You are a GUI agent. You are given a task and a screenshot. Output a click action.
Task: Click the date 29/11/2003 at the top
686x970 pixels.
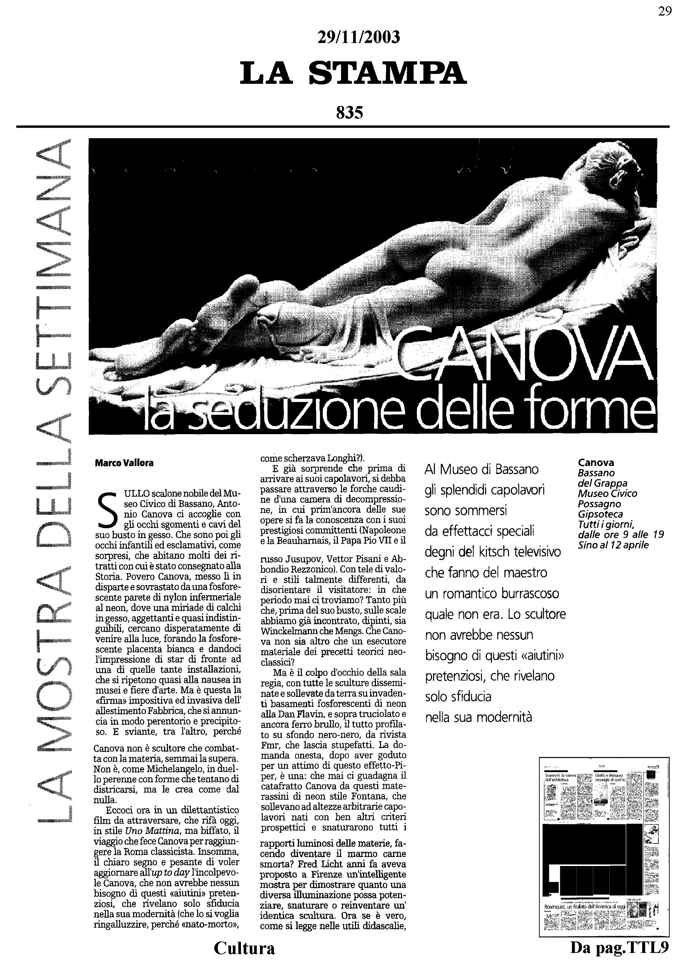358,38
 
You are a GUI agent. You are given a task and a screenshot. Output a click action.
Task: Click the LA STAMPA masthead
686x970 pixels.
353,73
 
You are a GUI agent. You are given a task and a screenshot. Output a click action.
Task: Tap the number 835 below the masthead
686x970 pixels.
349,113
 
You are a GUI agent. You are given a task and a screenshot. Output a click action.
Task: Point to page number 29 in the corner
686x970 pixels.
664,11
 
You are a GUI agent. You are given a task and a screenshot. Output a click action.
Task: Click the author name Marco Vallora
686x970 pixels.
124,463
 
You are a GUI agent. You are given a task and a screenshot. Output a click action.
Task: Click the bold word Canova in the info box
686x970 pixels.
596,462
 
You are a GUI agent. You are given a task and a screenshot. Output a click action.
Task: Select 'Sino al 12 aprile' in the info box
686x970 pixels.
613,545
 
